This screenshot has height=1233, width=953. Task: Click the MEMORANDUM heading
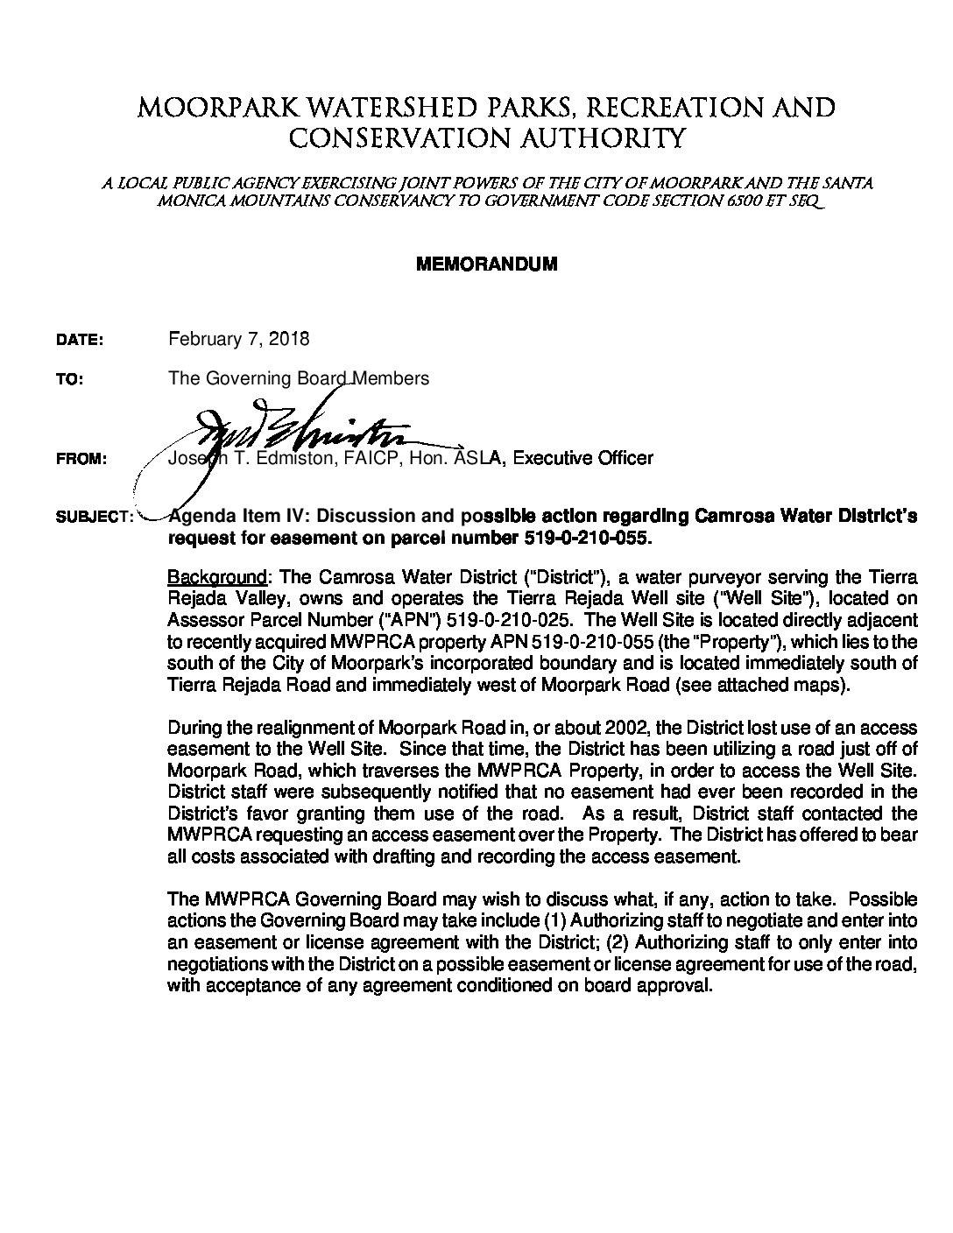[485, 264]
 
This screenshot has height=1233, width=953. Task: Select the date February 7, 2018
[238, 338]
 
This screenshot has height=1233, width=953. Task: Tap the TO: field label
[68, 381]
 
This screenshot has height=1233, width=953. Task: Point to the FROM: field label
[81, 459]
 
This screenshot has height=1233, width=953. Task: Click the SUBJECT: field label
[94, 518]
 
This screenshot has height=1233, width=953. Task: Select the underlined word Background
[216, 578]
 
